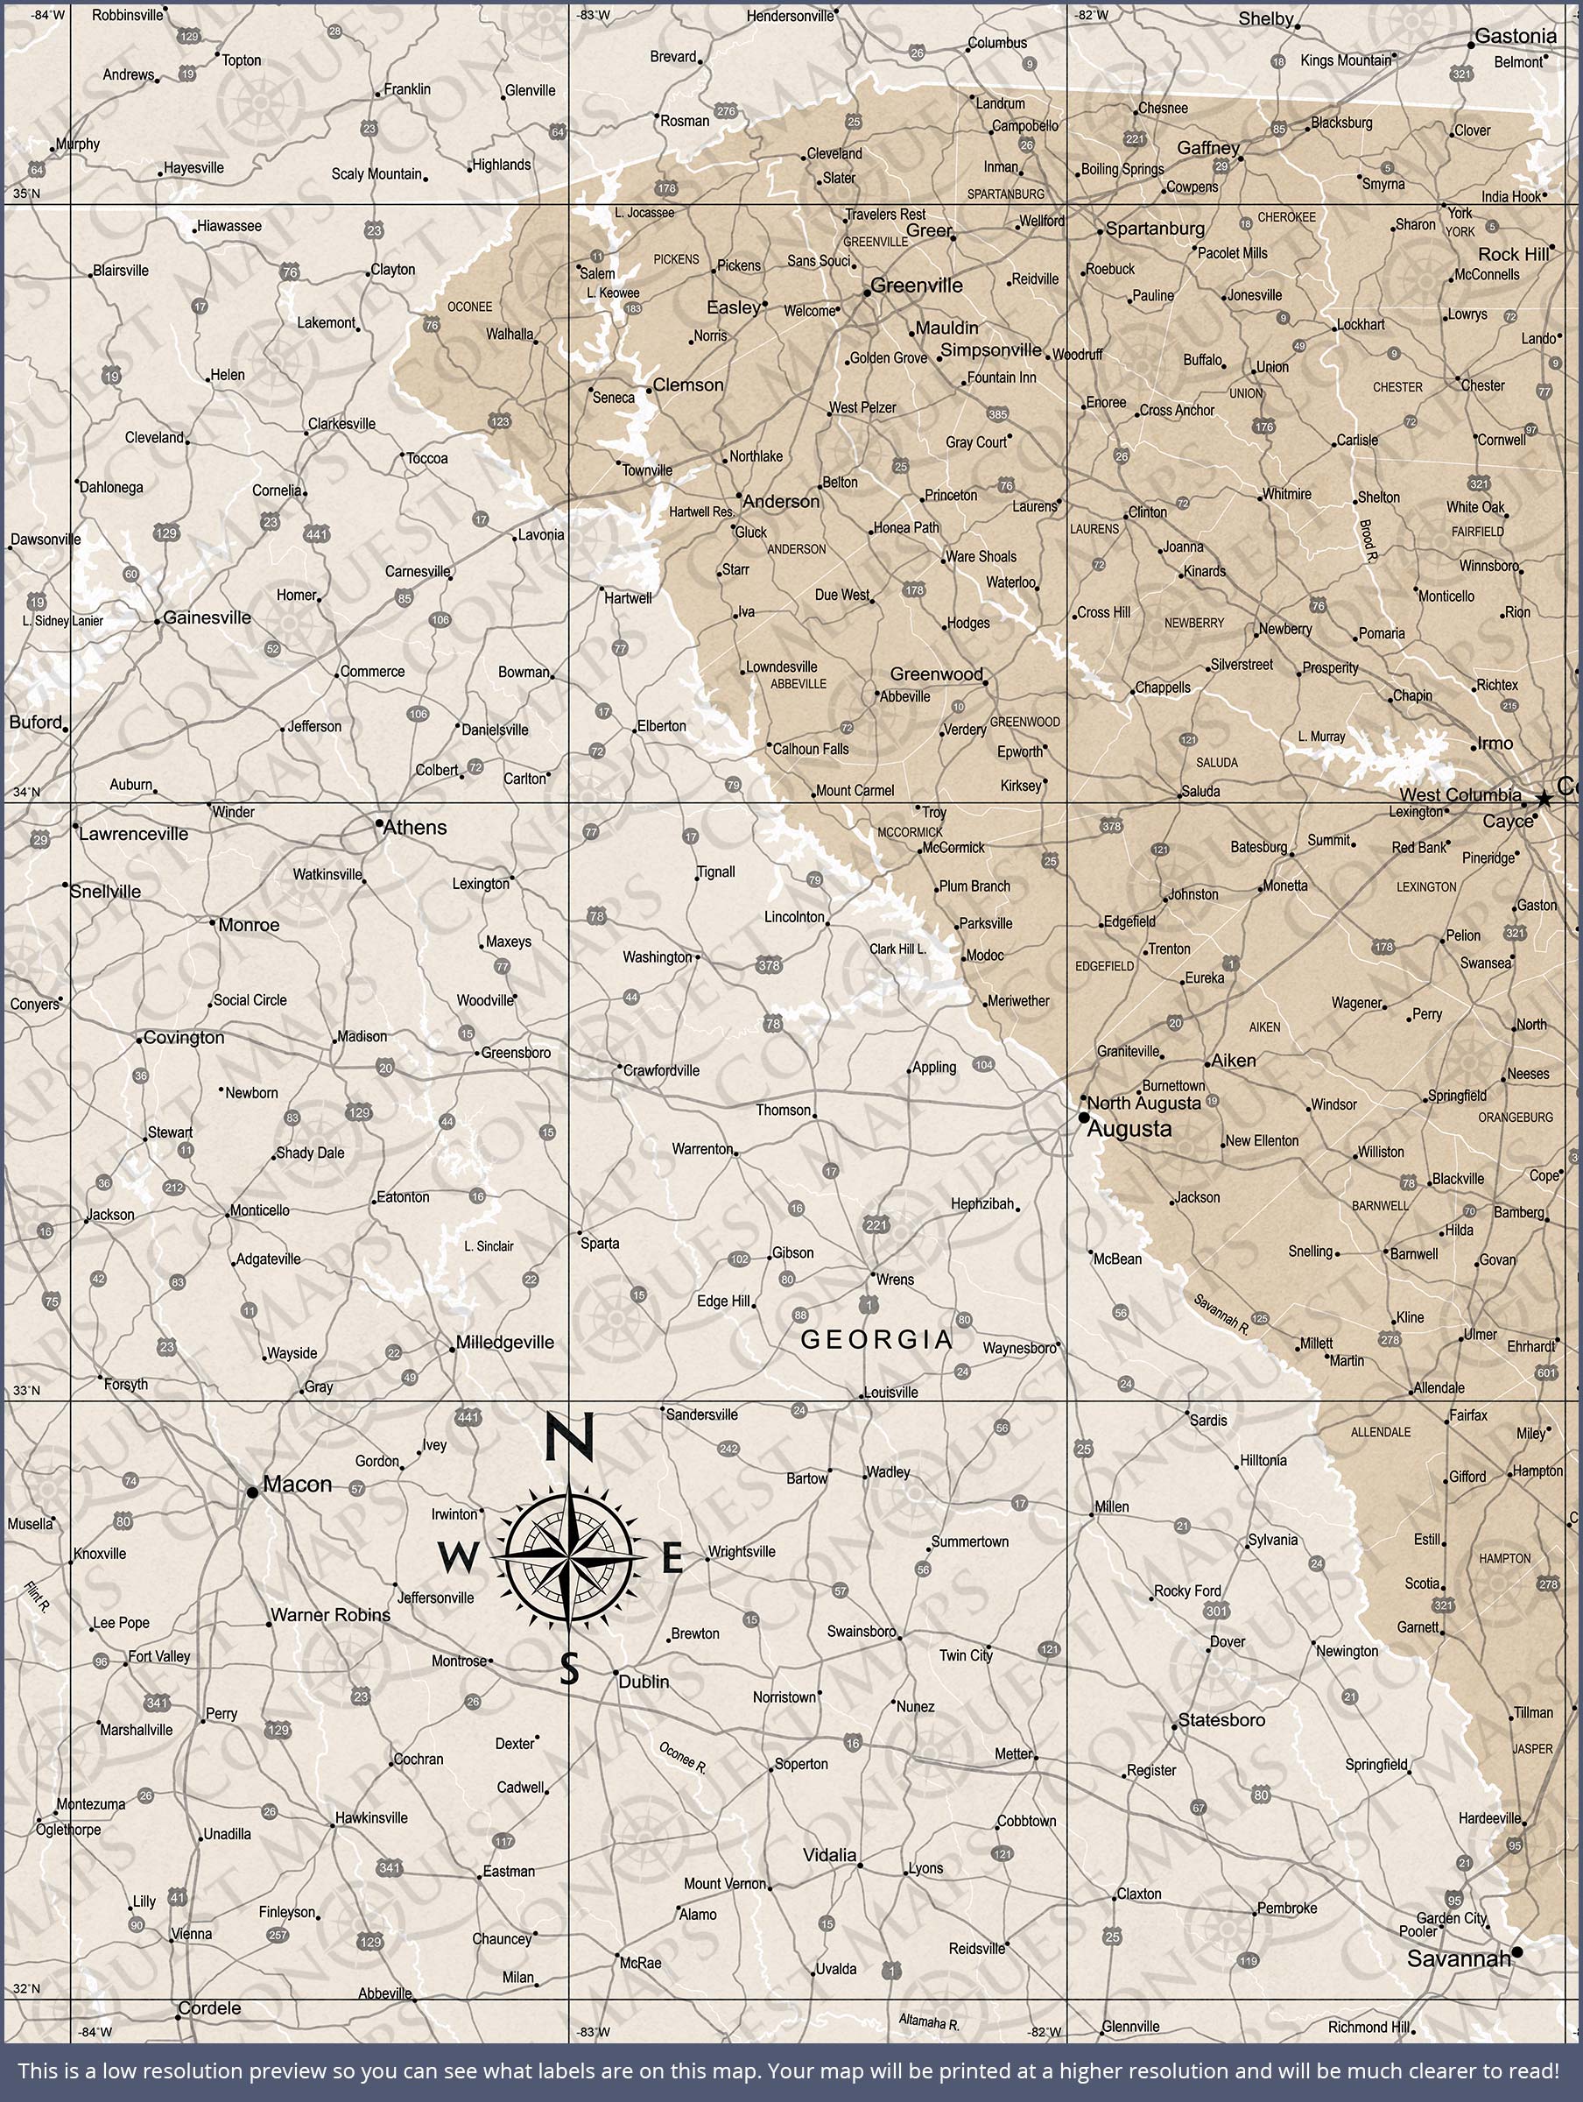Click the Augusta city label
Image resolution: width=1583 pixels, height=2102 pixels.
pos(1129,1129)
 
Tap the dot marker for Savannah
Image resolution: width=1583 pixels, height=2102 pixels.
pos(1516,1952)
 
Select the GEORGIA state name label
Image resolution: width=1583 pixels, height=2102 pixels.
pos(876,1340)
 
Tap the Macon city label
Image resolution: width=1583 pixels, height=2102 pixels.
pos(297,1485)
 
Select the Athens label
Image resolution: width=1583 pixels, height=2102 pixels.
pos(414,828)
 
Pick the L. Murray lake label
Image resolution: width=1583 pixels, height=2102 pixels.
pos(1322,737)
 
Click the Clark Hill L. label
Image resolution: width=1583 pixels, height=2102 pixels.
pos(897,949)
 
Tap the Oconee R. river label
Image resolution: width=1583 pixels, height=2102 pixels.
pos(682,1759)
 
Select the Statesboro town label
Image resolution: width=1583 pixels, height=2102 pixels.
pos(1221,1720)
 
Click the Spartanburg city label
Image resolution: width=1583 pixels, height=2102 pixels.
pos(1155,229)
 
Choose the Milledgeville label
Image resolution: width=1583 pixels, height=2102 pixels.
pos(504,1343)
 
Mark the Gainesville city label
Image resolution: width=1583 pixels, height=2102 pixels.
pos(208,617)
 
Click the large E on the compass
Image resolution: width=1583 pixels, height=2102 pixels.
pos(672,1559)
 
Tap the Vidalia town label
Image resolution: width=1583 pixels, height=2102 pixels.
pos(829,1855)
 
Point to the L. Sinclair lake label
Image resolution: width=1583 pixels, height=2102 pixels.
pos(489,1245)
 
